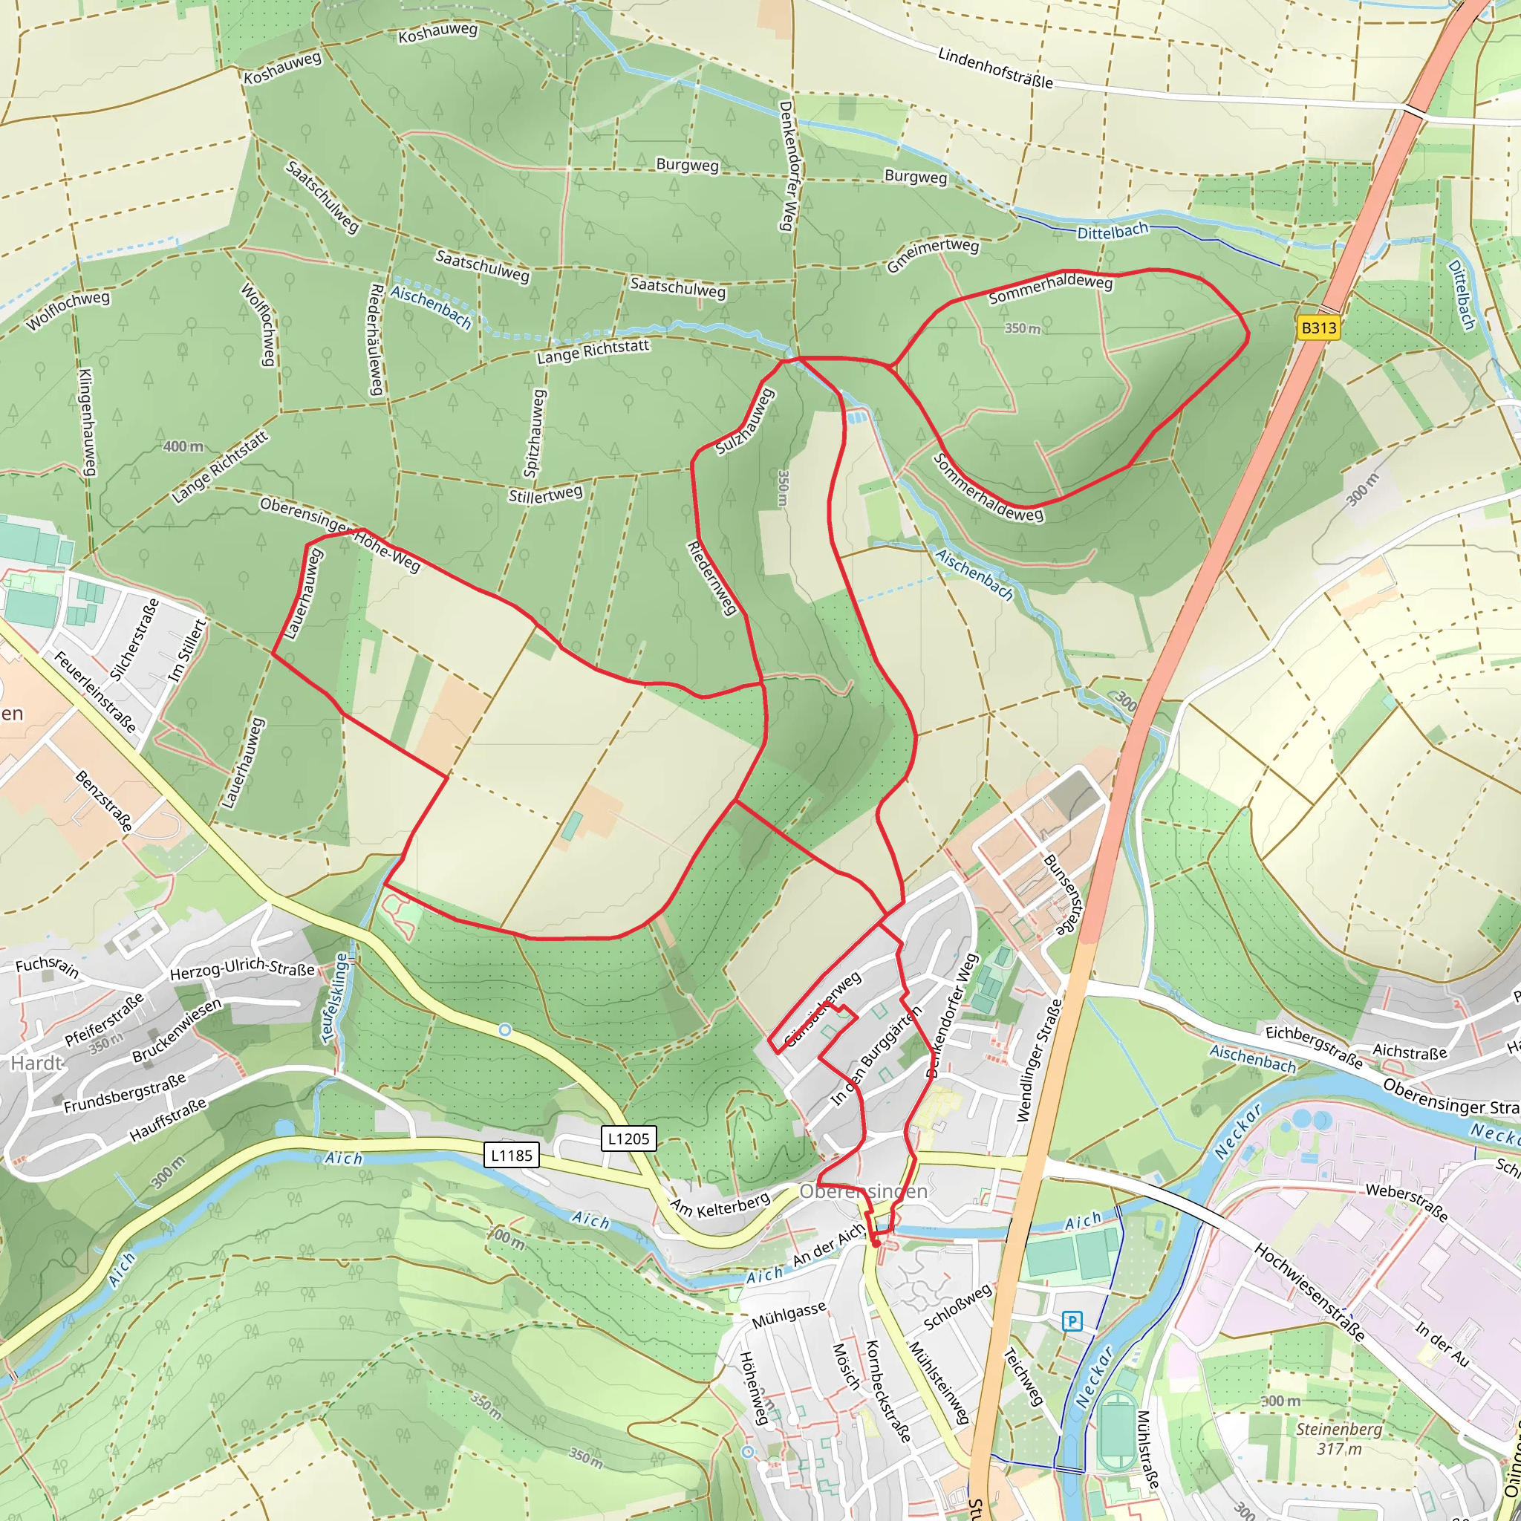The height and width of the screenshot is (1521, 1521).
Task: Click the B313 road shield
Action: (x=1318, y=328)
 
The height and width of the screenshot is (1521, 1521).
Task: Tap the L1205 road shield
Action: (x=628, y=1139)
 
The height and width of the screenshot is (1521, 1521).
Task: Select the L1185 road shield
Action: (x=512, y=1156)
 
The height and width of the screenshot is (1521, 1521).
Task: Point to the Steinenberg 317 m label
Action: (x=1338, y=1439)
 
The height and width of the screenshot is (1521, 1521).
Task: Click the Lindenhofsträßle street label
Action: (x=995, y=68)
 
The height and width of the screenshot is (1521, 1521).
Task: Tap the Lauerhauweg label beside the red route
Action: (x=303, y=593)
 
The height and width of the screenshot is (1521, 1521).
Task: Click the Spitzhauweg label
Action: (x=535, y=433)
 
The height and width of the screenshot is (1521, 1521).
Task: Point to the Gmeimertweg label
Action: (x=933, y=255)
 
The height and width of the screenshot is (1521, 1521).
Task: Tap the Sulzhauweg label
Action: (x=745, y=422)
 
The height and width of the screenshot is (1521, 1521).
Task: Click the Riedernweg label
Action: (x=712, y=578)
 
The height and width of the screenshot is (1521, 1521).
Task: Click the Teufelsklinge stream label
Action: (x=336, y=998)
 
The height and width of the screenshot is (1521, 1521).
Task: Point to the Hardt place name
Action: (x=36, y=1064)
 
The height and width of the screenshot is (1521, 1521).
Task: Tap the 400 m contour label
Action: (x=183, y=446)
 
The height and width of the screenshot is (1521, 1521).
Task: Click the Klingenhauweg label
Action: (x=88, y=422)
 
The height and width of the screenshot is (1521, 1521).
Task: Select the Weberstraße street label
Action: (x=1406, y=1202)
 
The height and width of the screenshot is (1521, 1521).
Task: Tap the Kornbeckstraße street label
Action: (x=888, y=1391)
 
